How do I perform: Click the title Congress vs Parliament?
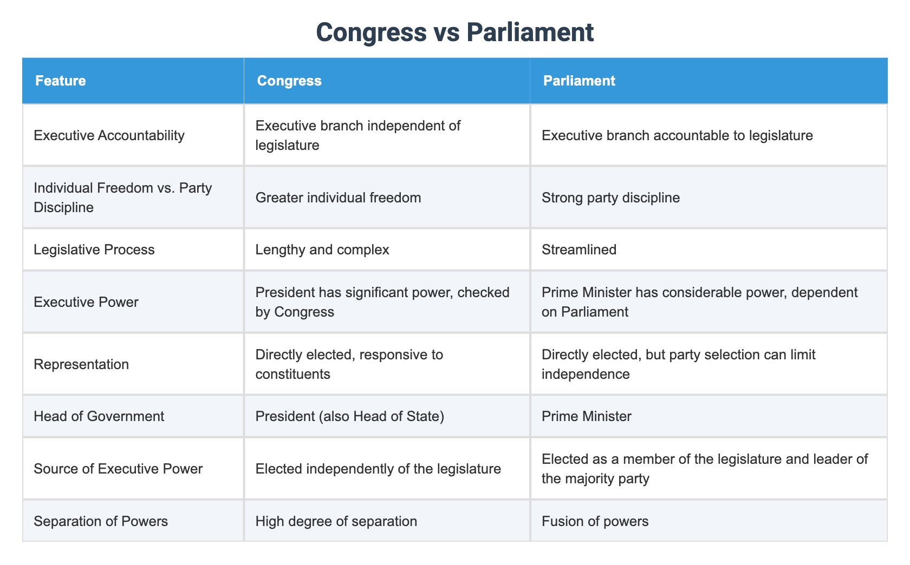pos(454,32)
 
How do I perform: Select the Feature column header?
pos(60,81)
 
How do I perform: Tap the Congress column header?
pos(289,81)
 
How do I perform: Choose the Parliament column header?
pos(579,81)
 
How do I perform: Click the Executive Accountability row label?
pos(109,135)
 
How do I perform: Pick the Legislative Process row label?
pos(94,249)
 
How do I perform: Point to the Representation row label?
pos(81,364)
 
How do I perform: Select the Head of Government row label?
pos(99,416)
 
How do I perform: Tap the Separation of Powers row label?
pos(101,521)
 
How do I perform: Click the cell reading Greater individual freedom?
pos(338,198)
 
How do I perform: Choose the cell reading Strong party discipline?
pos(610,198)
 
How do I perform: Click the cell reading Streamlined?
pos(579,249)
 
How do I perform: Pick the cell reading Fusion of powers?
pos(595,521)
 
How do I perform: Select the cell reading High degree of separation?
pos(336,521)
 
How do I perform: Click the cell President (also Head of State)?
pos(350,416)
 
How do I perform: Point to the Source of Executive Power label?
pos(118,468)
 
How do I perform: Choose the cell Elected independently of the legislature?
pos(378,468)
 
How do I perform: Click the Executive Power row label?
pos(86,301)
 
